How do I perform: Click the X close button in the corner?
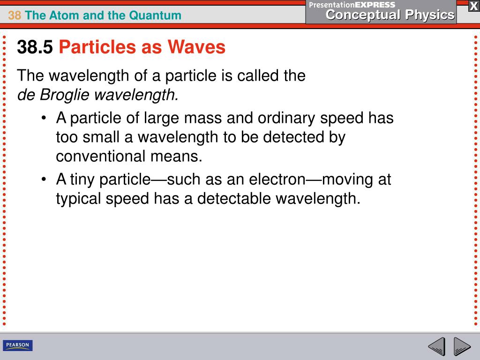pos(473,6)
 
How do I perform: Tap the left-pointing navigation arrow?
pos(436,347)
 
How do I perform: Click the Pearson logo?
pos(18,346)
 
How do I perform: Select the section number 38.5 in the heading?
pos(35,47)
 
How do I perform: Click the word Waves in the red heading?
pos(198,47)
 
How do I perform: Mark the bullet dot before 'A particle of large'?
pos(44,119)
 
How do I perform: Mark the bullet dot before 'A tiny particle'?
pos(44,180)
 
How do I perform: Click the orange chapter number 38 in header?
pos(15,15)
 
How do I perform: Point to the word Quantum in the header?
pos(157,15)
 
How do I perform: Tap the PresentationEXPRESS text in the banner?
pos(352,5)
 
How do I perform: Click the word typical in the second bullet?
pos(78,199)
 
